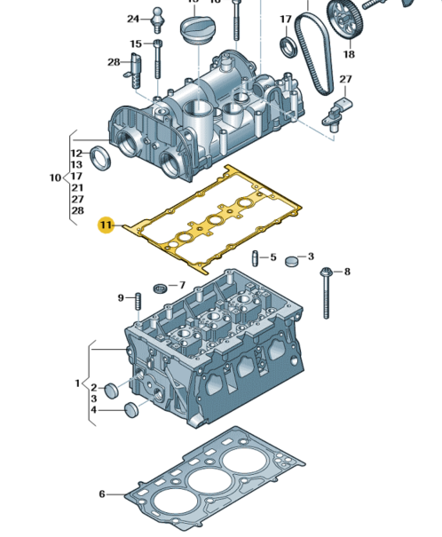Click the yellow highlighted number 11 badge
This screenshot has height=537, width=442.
[107, 225]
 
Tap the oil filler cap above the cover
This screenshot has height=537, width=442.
[194, 30]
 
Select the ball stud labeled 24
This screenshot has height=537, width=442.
[157, 20]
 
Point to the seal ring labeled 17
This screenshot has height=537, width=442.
[288, 46]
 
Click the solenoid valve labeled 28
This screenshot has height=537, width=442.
[134, 71]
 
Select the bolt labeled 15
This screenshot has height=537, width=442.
[157, 59]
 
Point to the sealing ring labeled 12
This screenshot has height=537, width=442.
[100, 157]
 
